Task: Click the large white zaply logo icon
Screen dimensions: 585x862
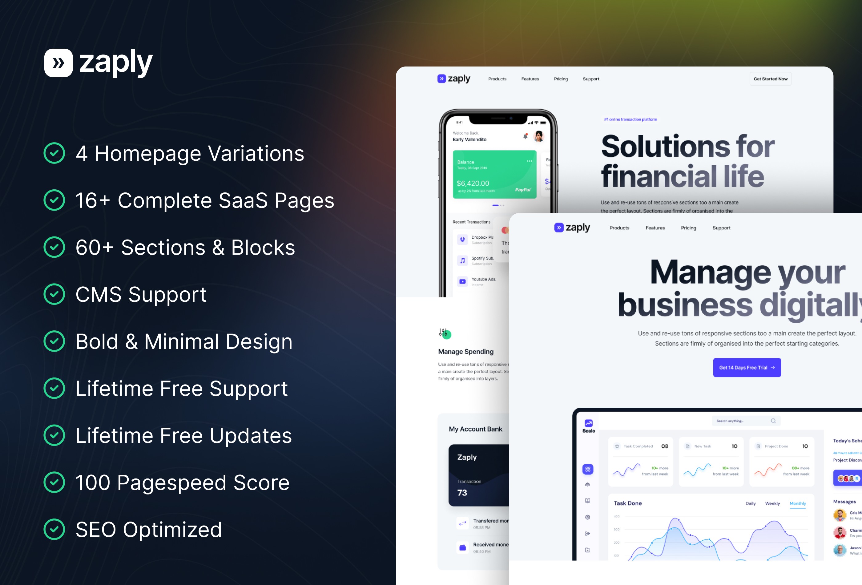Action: (x=58, y=63)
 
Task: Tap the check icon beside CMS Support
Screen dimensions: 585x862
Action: (x=54, y=294)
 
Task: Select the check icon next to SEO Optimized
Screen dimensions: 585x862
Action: (x=54, y=529)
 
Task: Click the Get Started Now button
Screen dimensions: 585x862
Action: (x=770, y=79)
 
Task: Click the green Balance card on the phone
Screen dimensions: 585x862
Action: (x=494, y=174)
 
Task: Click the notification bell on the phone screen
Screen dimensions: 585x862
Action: (x=525, y=136)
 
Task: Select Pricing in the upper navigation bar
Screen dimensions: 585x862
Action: (x=560, y=79)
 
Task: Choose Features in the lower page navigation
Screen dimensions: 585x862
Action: (x=655, y=228)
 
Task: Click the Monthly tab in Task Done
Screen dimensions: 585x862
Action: (x=797, y=503)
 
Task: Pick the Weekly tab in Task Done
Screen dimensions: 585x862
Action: (x=772, y=503)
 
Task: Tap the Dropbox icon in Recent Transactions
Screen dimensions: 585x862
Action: (x=462, y=240)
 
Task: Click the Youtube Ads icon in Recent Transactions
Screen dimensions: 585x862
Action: (x=462, y=281)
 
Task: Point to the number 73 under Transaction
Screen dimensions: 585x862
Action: (x=462, y=493)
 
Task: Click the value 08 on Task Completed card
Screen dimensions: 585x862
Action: (x=664, y=446)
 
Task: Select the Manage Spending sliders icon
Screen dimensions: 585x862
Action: (x=444, y=333)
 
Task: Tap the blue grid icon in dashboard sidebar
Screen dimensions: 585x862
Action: (x=587, y=469)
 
